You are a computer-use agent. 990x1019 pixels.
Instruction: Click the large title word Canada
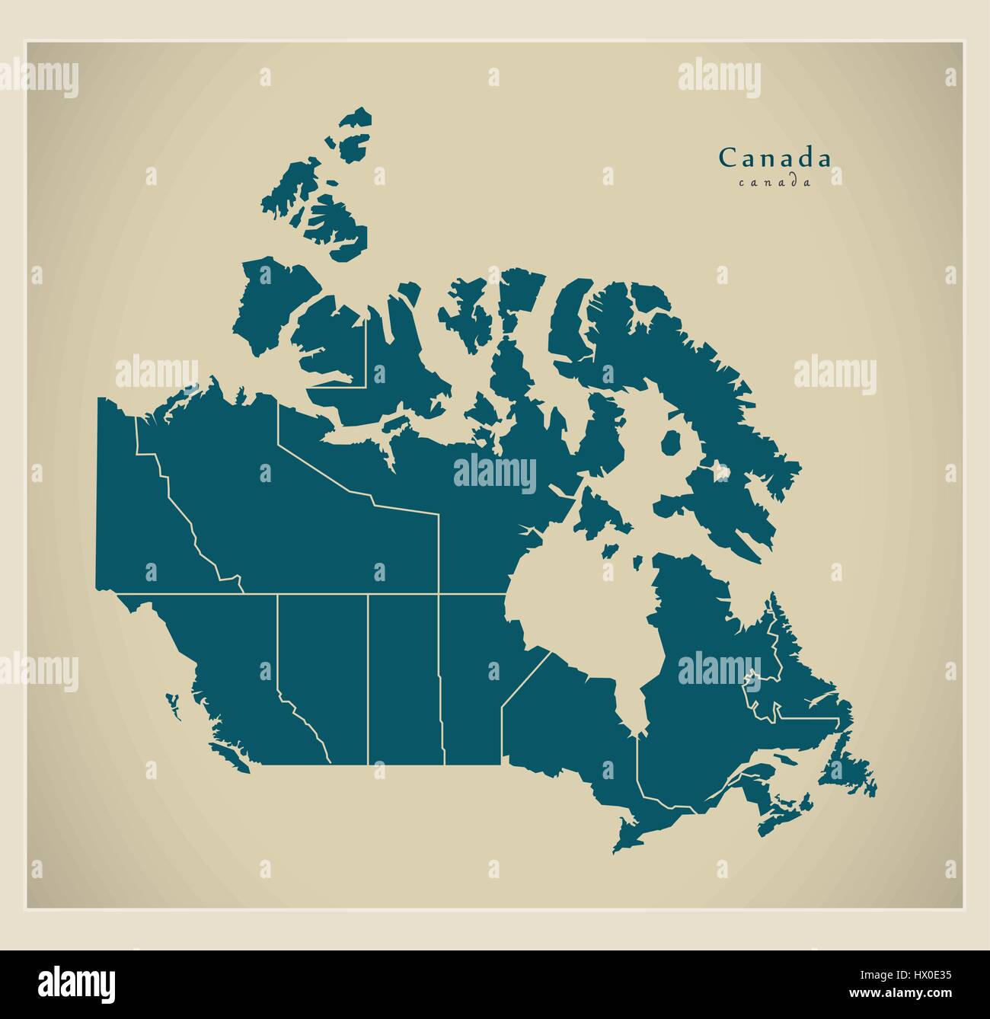tap(775, 158)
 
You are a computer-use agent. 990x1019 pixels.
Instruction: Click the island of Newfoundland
tap(845, 769)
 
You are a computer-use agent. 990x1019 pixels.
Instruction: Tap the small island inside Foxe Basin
tap(671, 442)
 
